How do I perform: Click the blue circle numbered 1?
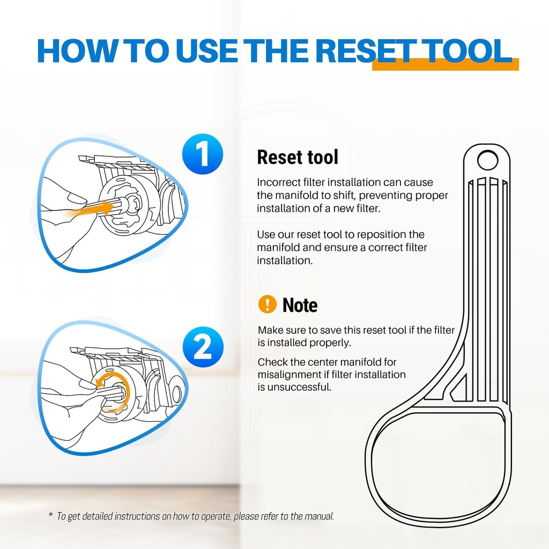(203, 154)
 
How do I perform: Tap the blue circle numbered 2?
(203, 347)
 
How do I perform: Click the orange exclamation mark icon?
(268, 304)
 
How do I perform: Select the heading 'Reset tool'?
(298, 157)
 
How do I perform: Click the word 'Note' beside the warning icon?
(300, 305)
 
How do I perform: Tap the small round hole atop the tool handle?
(487, 160)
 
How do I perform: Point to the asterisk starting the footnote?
(51, 515)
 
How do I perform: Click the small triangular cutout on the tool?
(460, 388)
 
